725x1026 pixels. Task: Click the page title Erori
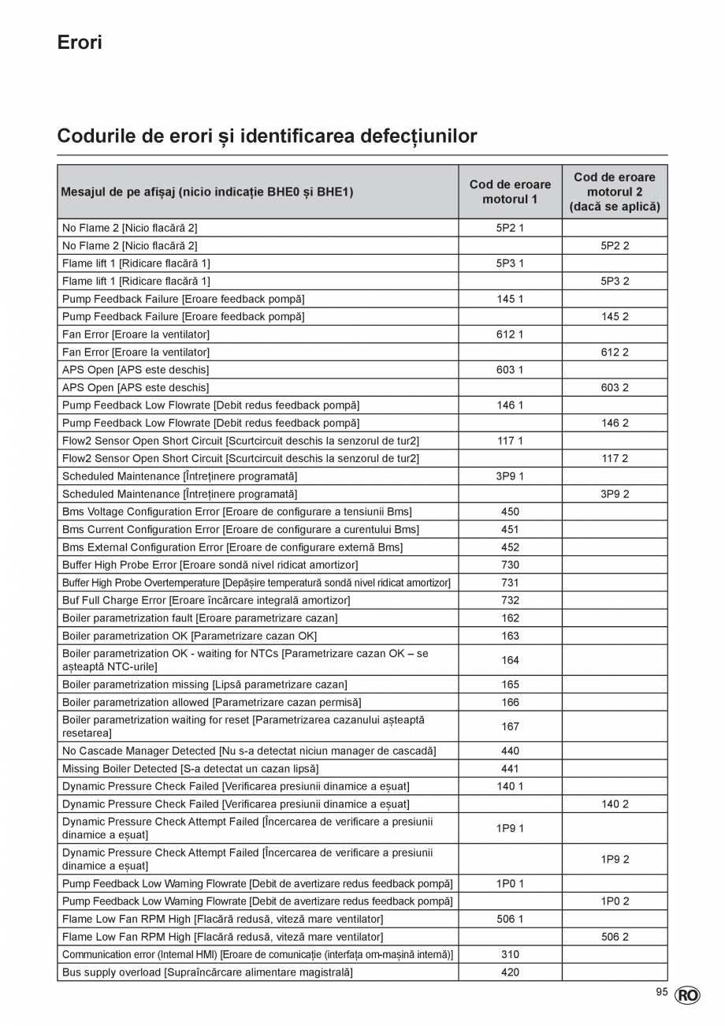80,43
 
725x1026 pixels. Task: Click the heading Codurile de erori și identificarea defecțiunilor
267,136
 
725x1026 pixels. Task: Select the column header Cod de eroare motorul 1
510,192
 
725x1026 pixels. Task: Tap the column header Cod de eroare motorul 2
615,192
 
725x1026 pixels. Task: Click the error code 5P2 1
510,228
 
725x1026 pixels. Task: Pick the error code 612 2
615,353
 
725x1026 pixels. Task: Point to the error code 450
510,512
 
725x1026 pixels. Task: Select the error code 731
510,583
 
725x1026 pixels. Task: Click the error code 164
510,660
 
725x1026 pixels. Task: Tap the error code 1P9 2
615,860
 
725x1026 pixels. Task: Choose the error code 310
510,954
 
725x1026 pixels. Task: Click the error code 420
510,972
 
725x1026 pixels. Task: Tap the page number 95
661,993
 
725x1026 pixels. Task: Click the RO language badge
687,996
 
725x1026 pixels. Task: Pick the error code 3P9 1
510,476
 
